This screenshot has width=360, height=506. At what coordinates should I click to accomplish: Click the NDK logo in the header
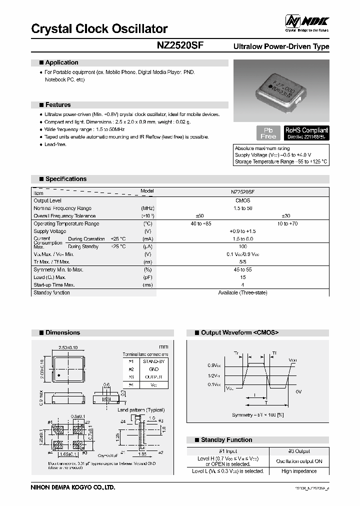click(x=307, y=21)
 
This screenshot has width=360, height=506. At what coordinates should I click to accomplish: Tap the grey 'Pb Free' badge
click(x=268, y=133)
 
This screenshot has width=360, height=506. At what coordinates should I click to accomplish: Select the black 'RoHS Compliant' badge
click(x=306, y=133)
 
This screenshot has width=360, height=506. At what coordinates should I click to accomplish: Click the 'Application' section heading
click(x=61, y=62)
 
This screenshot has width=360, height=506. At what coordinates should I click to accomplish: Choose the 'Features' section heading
click(x=57, y=105)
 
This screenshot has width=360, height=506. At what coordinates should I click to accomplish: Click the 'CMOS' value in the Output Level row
click(x=242, y=200)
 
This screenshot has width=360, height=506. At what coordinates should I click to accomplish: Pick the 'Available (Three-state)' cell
click(x=242, y=293)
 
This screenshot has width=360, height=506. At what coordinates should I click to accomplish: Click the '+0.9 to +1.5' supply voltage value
click(x=242, y=231)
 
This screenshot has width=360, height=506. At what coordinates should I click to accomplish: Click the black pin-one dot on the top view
click(x=59, y=375)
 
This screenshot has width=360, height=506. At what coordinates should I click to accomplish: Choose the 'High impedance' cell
click(x=299, y=471)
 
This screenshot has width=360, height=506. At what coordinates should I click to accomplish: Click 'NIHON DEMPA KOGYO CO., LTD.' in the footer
click(x=73, y=486)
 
